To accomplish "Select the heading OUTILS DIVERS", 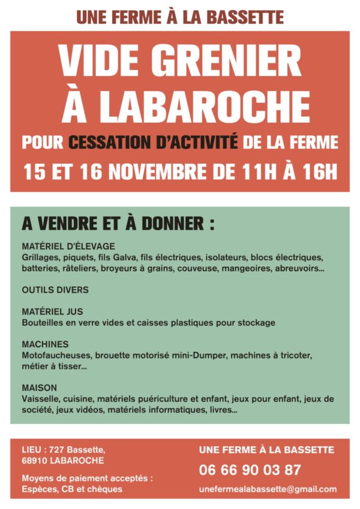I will click(x=55, y=290).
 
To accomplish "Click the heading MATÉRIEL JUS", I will click(x=52, y=312).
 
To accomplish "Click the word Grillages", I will click(x=41, y=257).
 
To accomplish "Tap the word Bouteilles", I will click(x=43, y=323).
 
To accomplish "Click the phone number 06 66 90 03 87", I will click(x=250, y=469).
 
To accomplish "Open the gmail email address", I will click(x=268, y=489).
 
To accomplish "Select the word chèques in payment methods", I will click(x=107, y=489).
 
